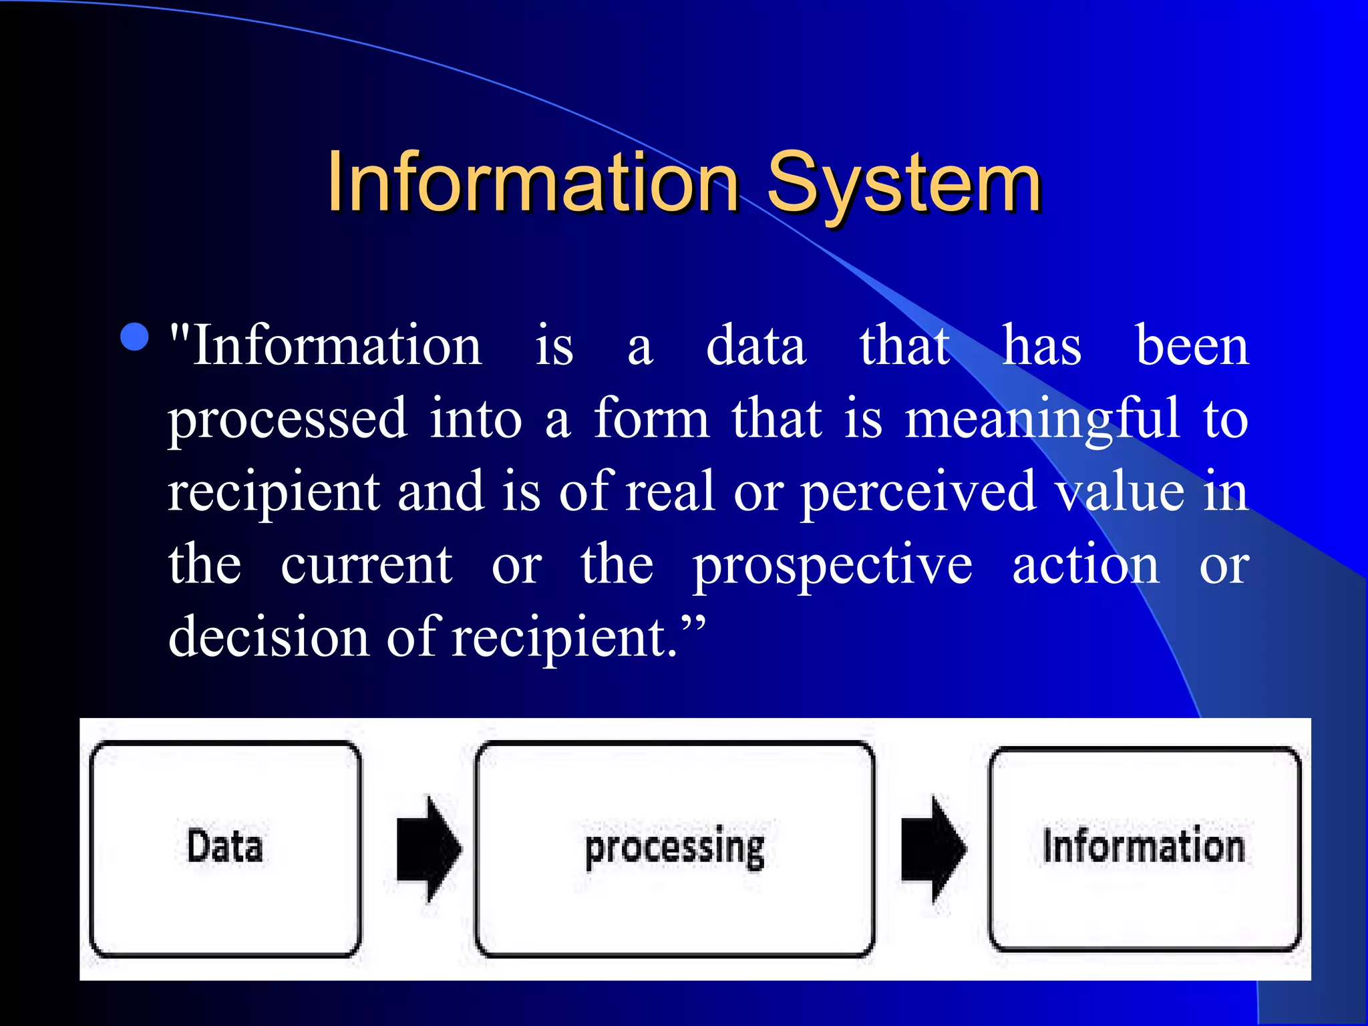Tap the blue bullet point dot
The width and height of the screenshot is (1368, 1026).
pos(134,337)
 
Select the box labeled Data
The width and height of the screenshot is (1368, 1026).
pos(225,848)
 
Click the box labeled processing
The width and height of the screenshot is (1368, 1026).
pos(675,848)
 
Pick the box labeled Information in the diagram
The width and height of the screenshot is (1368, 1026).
pos(1144,848)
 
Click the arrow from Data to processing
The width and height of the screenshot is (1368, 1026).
pos(428,848)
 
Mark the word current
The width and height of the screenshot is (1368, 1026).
pos(366,565)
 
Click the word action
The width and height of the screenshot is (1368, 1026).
pos(1085,565)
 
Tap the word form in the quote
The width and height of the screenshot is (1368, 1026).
pos(651,419)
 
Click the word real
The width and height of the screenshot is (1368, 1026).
pos(670,492)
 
